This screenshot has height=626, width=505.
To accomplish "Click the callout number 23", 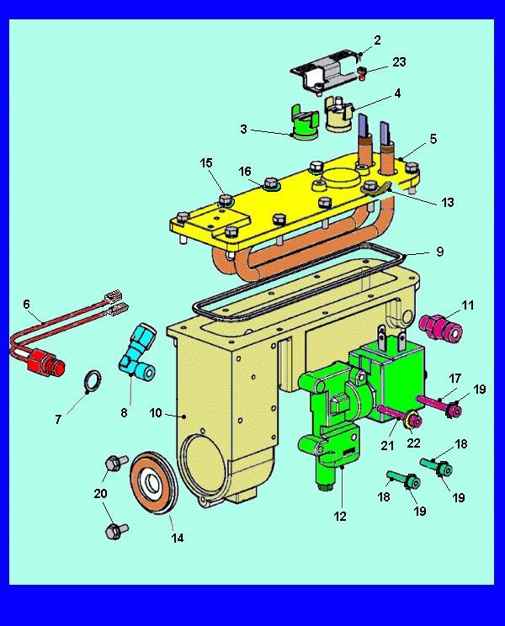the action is pos(399,62).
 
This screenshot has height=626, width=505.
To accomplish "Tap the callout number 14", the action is pos(178,538).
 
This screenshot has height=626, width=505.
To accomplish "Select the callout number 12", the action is pos(340,517).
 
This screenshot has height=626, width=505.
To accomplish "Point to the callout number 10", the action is pos(156,413).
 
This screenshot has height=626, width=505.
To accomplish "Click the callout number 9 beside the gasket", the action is pos(439,252).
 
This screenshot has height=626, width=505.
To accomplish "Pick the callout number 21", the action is pos(387,445).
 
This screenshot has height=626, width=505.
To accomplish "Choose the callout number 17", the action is pos(455,378).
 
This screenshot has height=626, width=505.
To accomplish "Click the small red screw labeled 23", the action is pos(362,73).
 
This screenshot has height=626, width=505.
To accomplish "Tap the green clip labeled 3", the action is pos(306,123).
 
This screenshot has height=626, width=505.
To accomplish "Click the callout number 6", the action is pos(26,305).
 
